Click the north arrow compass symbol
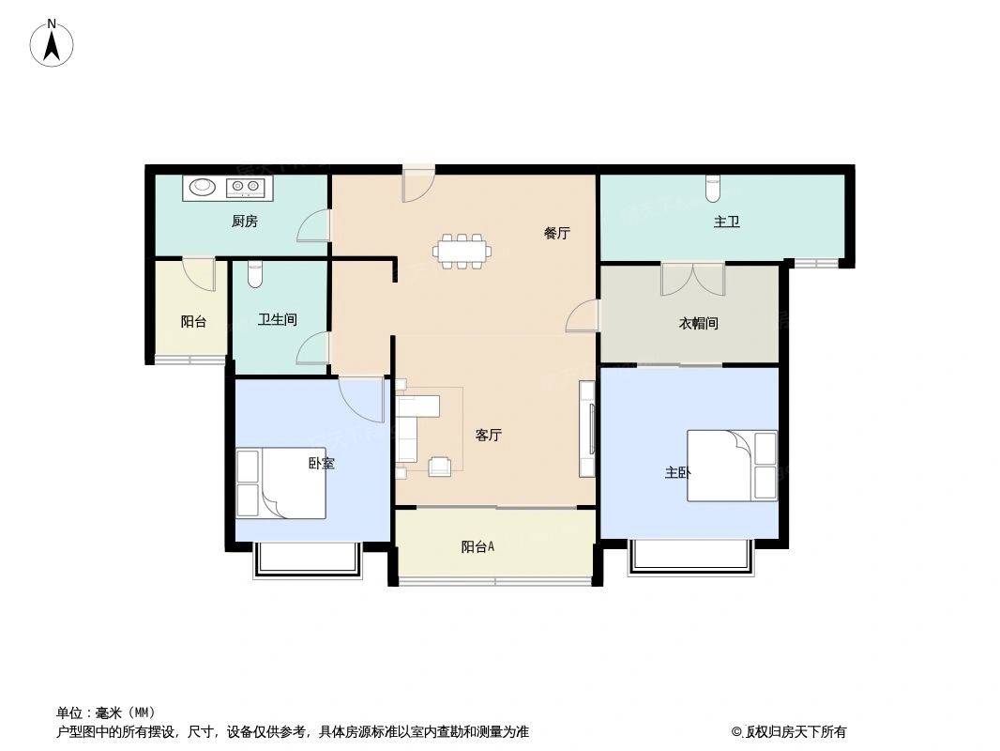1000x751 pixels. (x=52, y=43)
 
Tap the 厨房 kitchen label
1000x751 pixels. (x=245, y=222)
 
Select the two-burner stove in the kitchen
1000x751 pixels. (x=245, y=186)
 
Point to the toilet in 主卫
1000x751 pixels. (x=712, y=188)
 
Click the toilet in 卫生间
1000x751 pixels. (x=255, y=274)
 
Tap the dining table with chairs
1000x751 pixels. (x=463, y=251)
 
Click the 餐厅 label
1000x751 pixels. (x=557, y=233)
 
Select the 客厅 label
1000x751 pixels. (x=489, y=436)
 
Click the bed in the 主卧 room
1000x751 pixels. (x=732, y=466)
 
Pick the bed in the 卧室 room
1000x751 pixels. (x=281, y=483)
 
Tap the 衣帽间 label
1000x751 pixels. (x=698, y=324)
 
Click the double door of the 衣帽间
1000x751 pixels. (x=693, y=280)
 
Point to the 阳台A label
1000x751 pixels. (x=477, y=546)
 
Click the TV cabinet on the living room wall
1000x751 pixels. (x=587, y=429)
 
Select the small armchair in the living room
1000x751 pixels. (x=440, y=467)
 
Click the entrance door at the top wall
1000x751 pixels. (x=418, y=184)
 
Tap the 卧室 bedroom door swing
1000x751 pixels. (x=361, y=400)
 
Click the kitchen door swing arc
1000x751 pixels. (x=313, y=226)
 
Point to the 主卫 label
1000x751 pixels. (x=726, y=222)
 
